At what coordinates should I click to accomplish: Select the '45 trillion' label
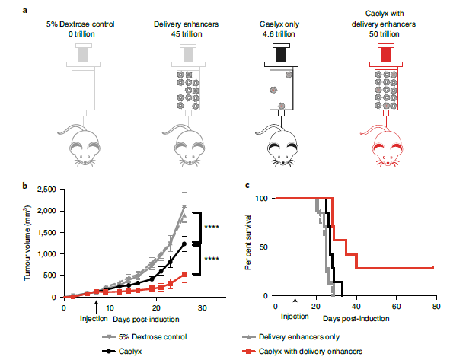(187, 34)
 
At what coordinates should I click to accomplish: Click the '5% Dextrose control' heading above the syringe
(81, 24)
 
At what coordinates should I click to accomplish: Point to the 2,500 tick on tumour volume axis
(46, 190)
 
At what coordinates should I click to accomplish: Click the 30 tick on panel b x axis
(203, 308)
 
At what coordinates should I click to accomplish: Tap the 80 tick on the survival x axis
(436, 307)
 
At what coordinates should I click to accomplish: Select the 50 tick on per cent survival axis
(263, 247)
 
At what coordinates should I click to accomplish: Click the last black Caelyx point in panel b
(184, 244)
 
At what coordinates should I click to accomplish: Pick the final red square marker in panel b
(184, 275)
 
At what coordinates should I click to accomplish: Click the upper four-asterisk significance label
(212, 227)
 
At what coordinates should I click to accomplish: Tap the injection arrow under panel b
(97, 307)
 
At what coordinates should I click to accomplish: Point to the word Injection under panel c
(295, 317)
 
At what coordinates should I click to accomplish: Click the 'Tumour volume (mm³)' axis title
(27, 243)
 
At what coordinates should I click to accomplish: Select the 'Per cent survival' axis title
(248, 242)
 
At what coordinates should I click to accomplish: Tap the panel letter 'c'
(247, 186)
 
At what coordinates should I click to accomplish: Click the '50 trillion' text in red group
(384, 34)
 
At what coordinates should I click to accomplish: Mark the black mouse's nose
(283, 162)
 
